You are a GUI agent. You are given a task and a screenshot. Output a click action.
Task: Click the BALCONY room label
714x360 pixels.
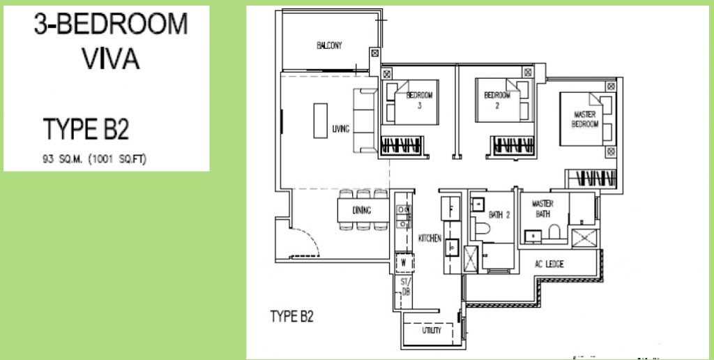329,45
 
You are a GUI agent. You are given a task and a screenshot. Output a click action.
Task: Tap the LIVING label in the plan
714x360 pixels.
340,129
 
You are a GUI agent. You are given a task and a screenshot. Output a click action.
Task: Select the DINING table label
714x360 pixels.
362,210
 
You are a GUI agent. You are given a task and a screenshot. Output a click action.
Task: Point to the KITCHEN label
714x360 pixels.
430,238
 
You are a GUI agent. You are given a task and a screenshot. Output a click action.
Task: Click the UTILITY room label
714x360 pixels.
431,331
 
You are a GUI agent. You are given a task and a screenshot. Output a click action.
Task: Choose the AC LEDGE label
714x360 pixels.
549,264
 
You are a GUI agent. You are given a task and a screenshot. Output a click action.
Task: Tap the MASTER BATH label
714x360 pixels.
542,209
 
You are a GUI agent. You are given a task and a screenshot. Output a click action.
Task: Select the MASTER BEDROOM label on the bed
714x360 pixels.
585,119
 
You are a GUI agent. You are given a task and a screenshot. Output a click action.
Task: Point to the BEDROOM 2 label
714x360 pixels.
497,100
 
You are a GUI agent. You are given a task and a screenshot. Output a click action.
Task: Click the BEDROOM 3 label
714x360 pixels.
419,100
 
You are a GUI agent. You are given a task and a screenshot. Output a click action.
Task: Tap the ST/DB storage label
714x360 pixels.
405,287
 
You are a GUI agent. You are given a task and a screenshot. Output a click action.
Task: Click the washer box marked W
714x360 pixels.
404,262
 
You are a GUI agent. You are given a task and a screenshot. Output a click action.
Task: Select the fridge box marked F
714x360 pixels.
451,209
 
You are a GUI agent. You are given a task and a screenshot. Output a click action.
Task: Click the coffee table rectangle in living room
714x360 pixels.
320,121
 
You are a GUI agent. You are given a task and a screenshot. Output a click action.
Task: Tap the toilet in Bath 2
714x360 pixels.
481,228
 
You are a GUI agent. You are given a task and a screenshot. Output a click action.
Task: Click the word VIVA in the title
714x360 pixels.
111,59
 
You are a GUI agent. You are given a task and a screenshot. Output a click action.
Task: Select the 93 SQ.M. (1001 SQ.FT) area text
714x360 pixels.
95,160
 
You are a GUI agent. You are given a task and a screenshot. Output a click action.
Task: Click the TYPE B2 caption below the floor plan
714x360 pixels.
292,316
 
